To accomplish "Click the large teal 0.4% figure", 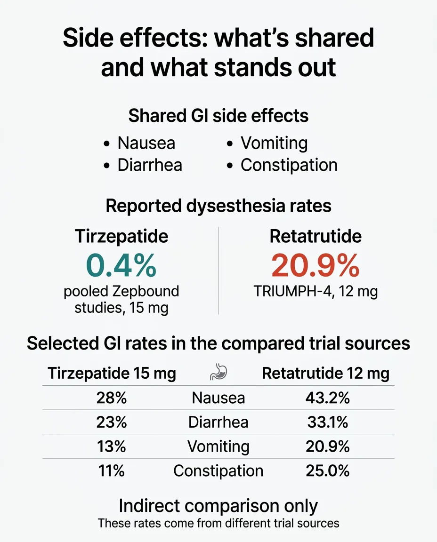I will coord(121,266).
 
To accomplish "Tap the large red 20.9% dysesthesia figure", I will coord(315,266).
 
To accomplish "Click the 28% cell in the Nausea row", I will coord(112,398).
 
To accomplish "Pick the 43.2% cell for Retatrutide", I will coord(327,398).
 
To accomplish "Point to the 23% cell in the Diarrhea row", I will coord(112,422).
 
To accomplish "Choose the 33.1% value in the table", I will coord(327,422).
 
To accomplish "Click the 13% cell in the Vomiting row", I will coord(112,446).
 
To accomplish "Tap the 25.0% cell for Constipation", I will coord(327,470).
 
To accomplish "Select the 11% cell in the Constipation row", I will coord(112,470).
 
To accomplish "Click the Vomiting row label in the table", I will coord(218,446).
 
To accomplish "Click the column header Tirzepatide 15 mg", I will coord(112,374).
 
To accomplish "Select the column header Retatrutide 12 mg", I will coord(325,374).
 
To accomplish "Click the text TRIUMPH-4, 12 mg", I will coord(316,292).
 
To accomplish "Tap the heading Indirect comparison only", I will coord(218,506).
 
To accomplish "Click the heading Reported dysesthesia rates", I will coord(218,206).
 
